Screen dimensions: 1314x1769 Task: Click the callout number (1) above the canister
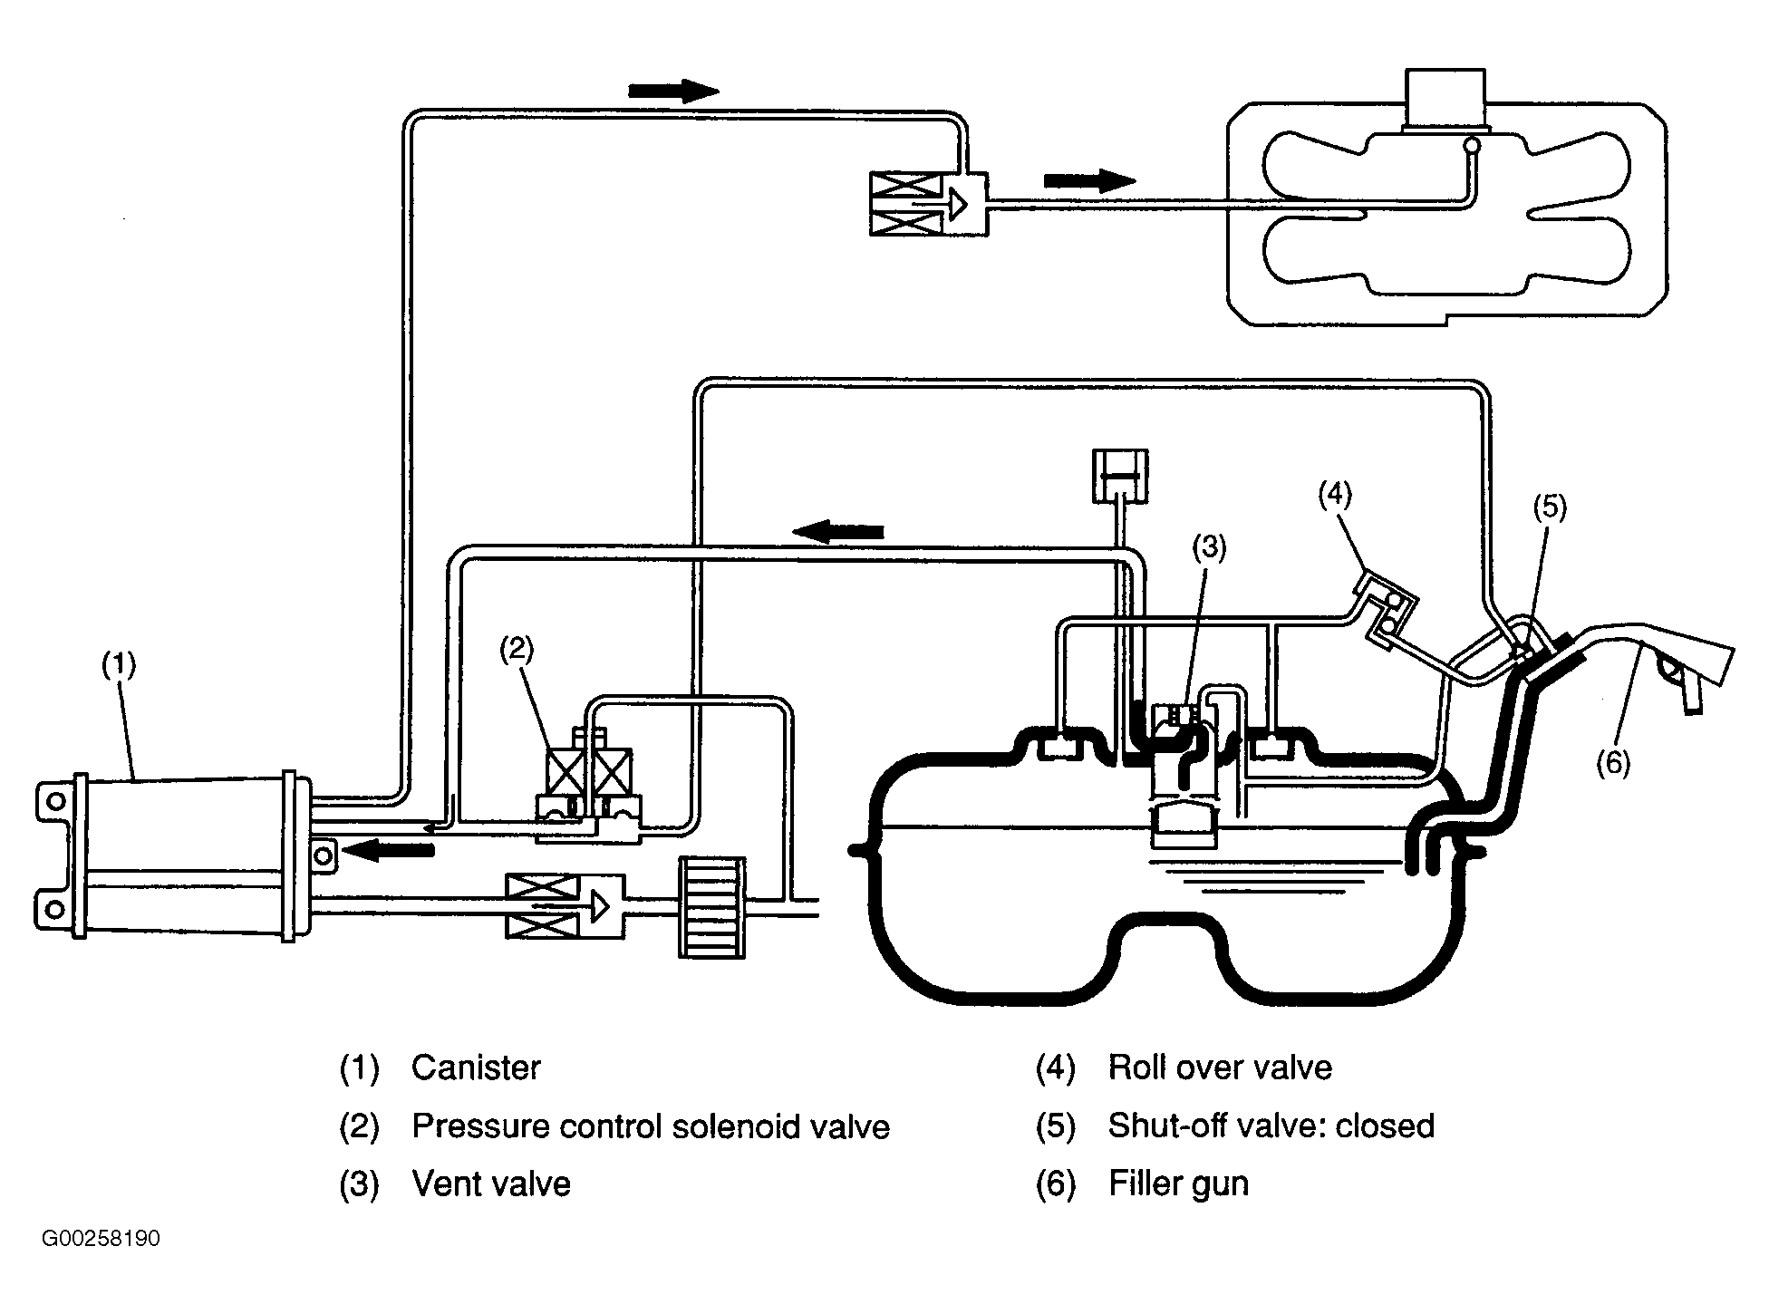(119, 665)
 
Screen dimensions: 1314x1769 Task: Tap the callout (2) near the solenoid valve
(517, 649)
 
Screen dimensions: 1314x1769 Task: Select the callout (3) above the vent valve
(1209, 547)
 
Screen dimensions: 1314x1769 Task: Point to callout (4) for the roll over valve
(1334, 494)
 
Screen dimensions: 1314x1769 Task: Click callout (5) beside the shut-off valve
(1549, 507)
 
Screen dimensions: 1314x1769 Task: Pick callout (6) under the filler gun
(1613, 764)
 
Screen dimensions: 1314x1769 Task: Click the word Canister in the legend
(476, 1068)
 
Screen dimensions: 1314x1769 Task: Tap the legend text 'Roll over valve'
(1220, 1068)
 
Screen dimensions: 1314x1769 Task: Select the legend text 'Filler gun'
(1178, 1184)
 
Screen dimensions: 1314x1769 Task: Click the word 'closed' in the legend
(1386, 1126)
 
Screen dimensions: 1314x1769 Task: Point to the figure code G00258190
(101, 1239)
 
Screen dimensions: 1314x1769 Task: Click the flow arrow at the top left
(673, 91)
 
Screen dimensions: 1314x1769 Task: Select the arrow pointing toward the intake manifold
(1089, 180)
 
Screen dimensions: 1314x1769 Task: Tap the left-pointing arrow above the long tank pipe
(837, 531)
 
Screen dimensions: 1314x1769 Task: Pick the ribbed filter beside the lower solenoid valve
(712, 907)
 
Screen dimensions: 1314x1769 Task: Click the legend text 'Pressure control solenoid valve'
(651, 1126)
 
